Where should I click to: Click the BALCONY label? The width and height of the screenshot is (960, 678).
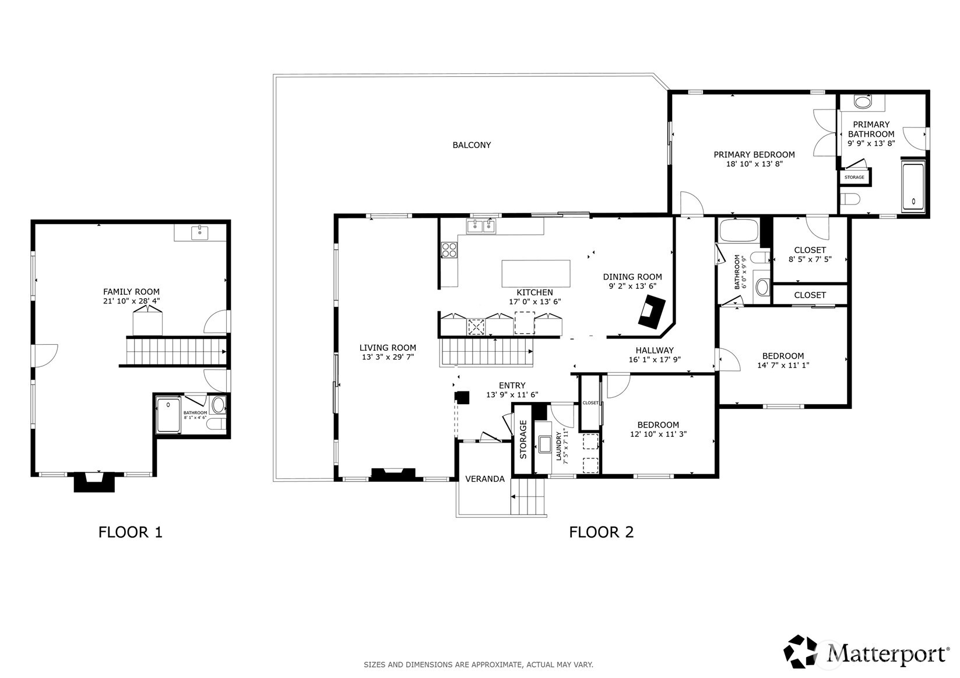472,145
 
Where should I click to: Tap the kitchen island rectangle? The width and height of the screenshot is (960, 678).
536,274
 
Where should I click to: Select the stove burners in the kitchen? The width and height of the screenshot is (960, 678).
449,250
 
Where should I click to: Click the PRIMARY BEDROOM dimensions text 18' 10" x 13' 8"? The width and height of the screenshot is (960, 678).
754,164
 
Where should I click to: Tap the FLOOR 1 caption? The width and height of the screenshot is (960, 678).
130,532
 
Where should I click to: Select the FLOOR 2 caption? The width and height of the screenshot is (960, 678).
601,532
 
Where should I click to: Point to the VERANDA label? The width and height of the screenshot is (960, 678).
484,479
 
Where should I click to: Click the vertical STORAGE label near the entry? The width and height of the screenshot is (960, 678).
523,439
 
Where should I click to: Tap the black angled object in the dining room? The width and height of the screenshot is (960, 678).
651,310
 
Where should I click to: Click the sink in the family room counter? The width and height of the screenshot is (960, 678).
200,233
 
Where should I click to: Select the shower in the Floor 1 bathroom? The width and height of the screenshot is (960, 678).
168,414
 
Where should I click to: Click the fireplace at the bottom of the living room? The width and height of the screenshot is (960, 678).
393,474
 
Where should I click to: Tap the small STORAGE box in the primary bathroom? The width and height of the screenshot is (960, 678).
854,177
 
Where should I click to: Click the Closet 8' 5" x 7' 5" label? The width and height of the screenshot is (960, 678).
810,255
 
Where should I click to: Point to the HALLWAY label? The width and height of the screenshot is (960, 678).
654,350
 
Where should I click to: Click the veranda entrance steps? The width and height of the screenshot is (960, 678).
529,496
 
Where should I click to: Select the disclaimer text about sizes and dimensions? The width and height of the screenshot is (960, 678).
478,665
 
